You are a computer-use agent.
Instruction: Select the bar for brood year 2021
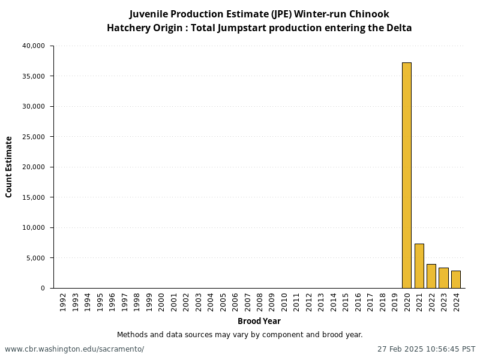(x=419, y=266)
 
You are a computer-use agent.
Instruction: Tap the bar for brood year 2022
(x=431, y=276)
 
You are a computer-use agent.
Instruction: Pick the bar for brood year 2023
(x=443, y=278)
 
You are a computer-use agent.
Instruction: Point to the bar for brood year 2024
(x=455, y=279)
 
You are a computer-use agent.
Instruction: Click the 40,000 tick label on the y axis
(x=33, y=46)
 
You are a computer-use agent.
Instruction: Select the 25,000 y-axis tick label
(x=33, y=137)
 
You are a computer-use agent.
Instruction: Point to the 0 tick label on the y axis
(x=43, y=288)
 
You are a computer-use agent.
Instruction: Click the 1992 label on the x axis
(x=63, y=301)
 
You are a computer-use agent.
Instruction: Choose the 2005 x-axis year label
(x=223, y=301)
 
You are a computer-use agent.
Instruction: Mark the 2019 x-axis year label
(x=394, y=301)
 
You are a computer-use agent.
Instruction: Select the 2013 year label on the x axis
(x=320, y=301)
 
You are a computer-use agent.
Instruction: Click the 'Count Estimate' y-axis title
(x=9, y=167)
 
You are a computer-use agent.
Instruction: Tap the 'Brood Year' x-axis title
(x=259, y=321)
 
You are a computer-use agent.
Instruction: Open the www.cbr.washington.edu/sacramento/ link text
(x=74, y=349)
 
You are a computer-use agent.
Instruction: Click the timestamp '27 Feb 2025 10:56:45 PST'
(x=426, y=349)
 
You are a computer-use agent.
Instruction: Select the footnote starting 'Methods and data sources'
(x=240, y=335)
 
